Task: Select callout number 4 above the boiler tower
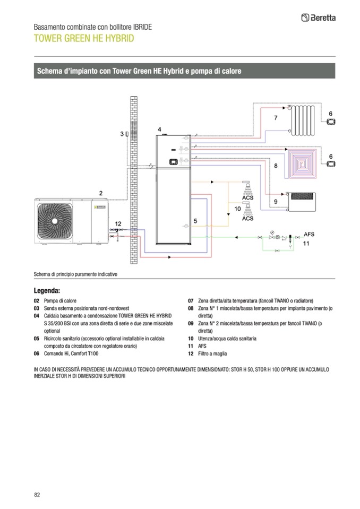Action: [x=159, y=129]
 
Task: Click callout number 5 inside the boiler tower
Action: [x=195, y=220]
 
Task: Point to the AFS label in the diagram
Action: [x=308, y=233]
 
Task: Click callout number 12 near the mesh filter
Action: [x=118, y=223]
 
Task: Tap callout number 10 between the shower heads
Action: [x=237, y=209]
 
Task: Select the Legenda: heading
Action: [x=47, y=291]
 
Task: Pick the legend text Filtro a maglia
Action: [x=213, y=353]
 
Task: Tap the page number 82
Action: [x=37, y=495]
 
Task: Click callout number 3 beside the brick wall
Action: [x=122, y=134]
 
